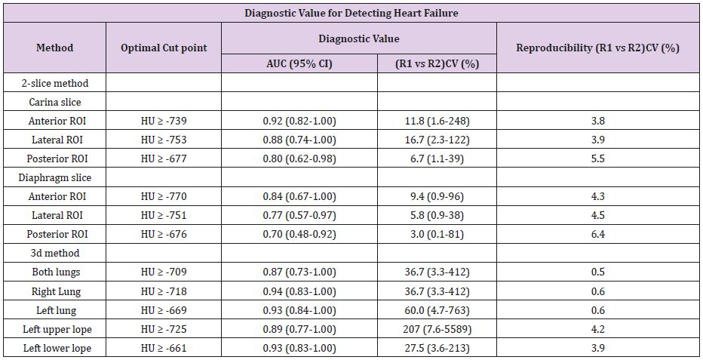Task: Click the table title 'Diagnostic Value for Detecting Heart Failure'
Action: [x=351, y=13]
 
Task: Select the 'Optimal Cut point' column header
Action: [x=164, y=48]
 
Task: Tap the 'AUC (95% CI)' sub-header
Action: [x=299, y=63]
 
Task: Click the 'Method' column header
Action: [x=55, y=48]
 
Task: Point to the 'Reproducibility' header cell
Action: [x=597, y=48]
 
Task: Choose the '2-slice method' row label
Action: [x=55, y=83]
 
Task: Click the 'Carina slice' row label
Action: [x=55, y=102]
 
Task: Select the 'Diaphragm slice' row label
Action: [x=55, y=177]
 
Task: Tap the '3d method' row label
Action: [x=55, y=253]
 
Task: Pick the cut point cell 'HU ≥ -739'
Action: [x=164, y=121]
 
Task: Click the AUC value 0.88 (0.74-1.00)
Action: [x=299, y=140]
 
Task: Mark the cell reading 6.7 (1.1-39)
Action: [x=437, y=158]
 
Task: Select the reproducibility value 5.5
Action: [x=597, y=158]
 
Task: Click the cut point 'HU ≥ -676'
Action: [x=164, y=234]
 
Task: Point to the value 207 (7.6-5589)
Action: [x=437, y=329]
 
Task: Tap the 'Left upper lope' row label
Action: [x=57, y=330]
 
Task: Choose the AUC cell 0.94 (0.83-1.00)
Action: [x=299, y=291]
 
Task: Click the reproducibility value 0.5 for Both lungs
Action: [x=597, y=272]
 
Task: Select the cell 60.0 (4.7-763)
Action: [x=437, y=310]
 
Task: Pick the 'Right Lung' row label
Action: [x=56, y=292]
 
